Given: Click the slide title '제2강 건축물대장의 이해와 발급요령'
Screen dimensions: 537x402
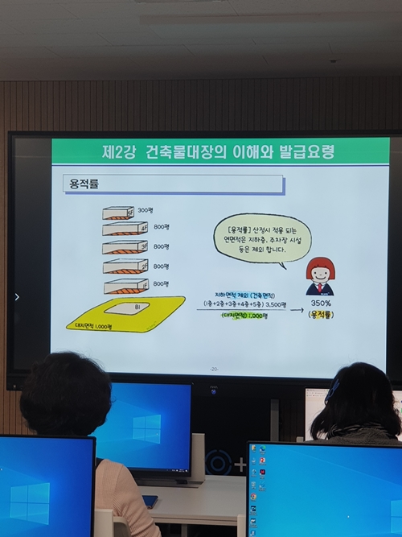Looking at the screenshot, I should coord(218,151).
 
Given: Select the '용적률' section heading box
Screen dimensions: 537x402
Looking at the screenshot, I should coord(173,184).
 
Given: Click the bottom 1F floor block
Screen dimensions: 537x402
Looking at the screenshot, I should coord(125,286).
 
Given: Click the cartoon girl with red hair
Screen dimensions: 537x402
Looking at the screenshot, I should coord(320,276).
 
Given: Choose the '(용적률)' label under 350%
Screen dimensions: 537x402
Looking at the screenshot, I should coord(322,315).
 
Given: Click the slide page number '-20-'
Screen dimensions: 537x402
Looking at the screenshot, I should coord(214,369).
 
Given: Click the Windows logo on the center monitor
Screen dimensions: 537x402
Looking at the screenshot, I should coord(146,428).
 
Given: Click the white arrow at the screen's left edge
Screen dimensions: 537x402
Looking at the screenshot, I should coord(17,296).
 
